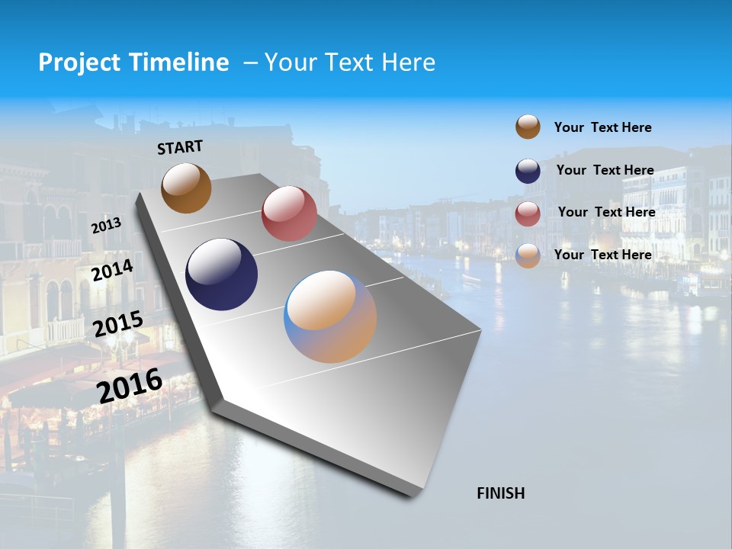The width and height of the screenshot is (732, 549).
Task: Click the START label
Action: (180, 147)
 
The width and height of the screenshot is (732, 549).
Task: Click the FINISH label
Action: (500, 493)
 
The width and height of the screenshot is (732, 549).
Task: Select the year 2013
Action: (106, 225)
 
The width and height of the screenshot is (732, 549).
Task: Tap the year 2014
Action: (112, 270)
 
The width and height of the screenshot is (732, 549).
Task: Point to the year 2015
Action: (118, 324)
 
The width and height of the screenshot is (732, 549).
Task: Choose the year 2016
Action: (130, 385)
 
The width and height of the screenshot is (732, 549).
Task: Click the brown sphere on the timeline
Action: (186, 188)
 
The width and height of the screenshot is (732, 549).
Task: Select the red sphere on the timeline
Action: (289, 213)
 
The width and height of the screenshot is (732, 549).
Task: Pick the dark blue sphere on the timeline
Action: (221, 274)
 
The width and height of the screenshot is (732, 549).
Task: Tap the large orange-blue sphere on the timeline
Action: (330, 316)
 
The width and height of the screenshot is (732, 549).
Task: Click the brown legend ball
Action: (528, 127)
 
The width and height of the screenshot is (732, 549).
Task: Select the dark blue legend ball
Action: (528, 171)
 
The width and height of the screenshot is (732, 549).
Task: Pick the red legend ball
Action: (528, 213)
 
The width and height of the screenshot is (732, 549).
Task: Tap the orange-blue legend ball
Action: (528, 255)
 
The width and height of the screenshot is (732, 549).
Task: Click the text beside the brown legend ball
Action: (602, 127)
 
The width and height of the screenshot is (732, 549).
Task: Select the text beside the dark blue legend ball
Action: (605, 170)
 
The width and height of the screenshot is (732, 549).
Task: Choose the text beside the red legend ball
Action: (606, 212)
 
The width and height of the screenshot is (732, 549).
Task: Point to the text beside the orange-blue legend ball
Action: (602, 255)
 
